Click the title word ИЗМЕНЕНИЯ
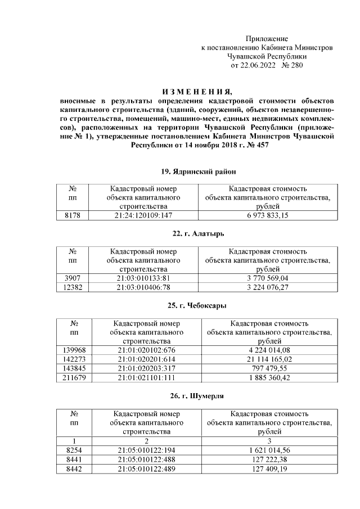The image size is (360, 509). tap(196, 92)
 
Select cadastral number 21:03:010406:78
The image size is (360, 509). tap(143, 287)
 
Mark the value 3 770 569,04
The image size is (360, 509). tap(267, 278)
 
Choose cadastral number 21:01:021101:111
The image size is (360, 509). tap(146, 377)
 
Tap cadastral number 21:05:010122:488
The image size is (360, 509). tap(146, 459)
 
